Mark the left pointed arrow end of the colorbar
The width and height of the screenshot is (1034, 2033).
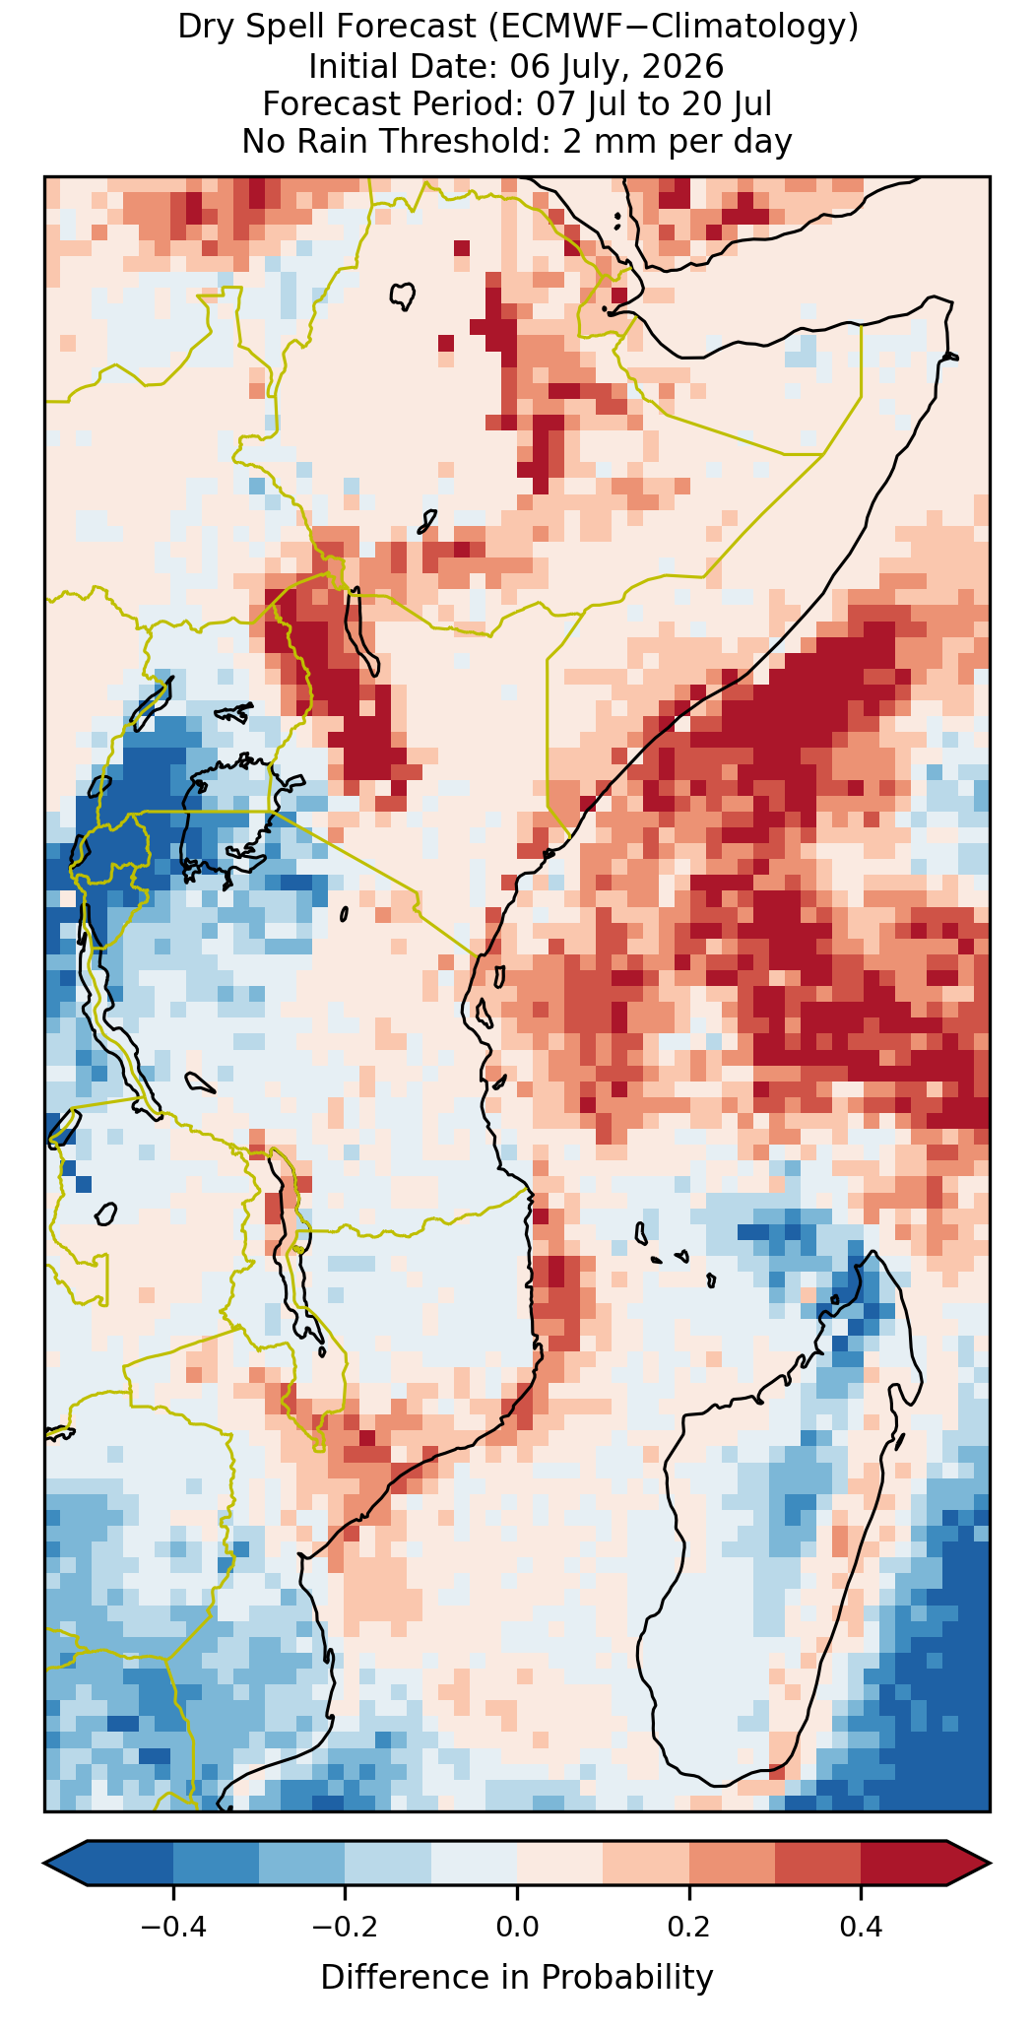[x=47, y=1863]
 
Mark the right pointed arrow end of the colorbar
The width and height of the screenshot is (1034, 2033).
[x=987, y=1863]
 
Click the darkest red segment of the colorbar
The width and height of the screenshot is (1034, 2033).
[x=904, y=1863]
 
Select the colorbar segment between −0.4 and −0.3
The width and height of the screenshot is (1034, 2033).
[x=217, y=1863]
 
